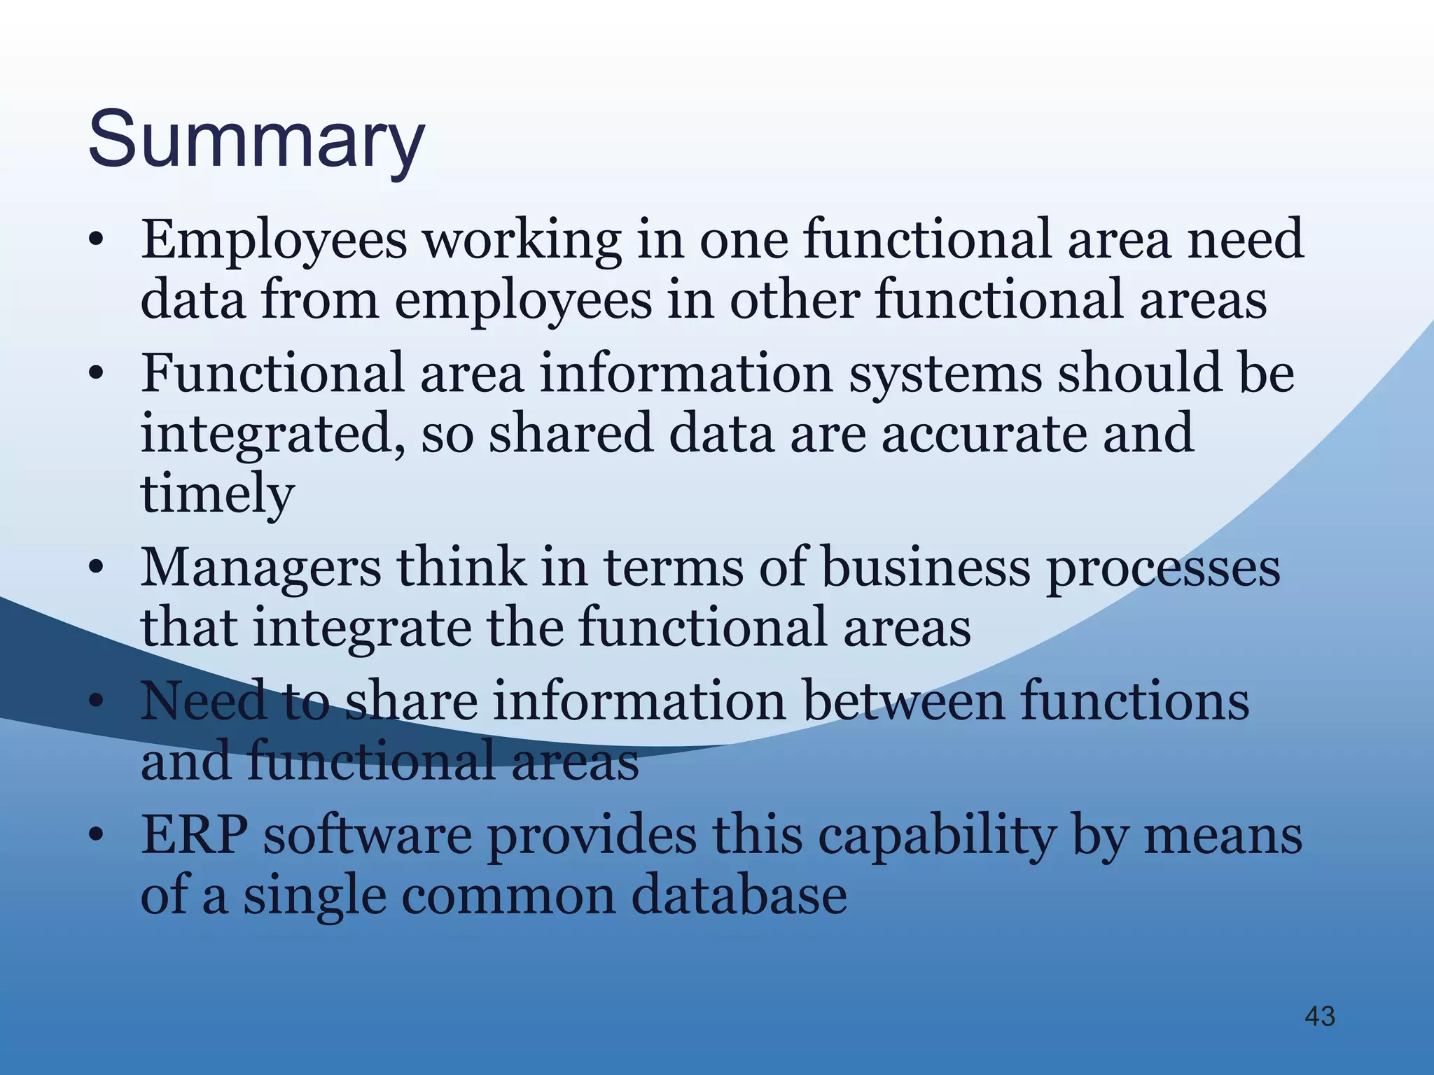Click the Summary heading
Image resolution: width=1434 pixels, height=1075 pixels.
coord(256,140)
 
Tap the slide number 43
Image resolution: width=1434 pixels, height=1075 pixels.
coord(1320,1016)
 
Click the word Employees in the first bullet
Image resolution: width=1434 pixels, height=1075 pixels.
coord(274,240)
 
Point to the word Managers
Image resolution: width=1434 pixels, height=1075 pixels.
coord(260,568)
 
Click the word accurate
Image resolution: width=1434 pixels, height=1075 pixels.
coord(984,433)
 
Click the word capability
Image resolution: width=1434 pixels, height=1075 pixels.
coord(938,838)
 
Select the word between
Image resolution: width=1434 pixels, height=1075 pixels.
coord(904,701)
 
